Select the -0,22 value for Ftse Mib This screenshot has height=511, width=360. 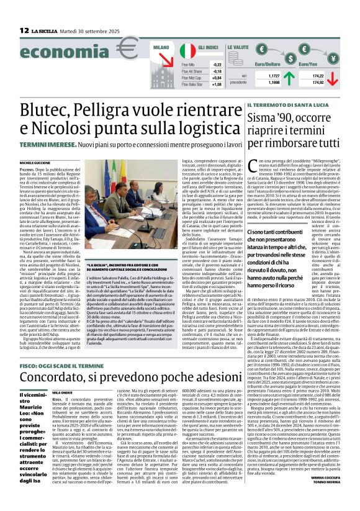tap(217, 64)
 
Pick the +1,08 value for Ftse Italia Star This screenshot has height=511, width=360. tap(217, 84)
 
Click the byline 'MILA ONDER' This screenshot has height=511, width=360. tap(63, 375)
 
